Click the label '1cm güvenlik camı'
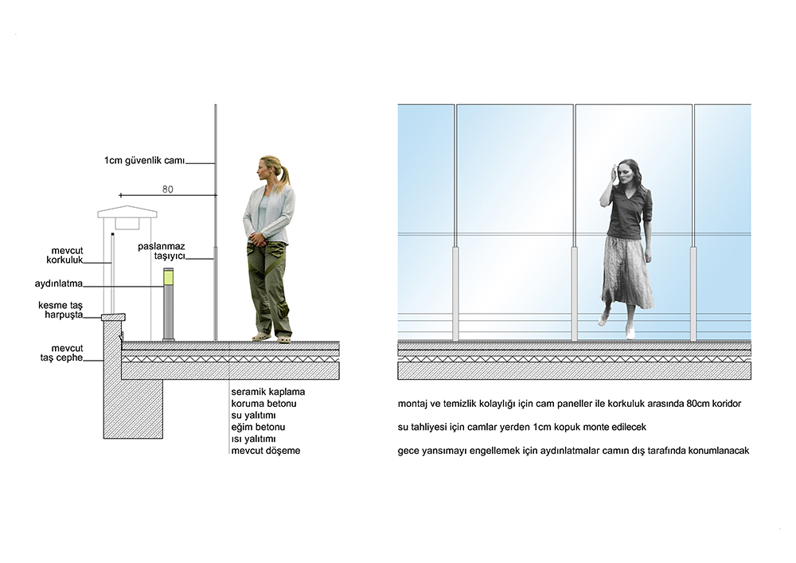[145, 161]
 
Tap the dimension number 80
[167, 190]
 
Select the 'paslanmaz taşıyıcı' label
[162, 252]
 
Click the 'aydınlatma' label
[58, 283]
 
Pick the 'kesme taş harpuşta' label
[60, 311]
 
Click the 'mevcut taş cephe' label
[62, 354]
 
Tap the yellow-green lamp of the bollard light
[169, 278]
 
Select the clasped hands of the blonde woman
[258, 237]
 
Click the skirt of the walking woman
[627, 272]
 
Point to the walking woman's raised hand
[612, 171]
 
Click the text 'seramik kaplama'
[268, 392]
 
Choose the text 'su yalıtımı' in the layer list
[253, 416]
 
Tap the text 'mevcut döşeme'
[266, 451]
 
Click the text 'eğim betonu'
[258, 428]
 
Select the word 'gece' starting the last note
[408, 452]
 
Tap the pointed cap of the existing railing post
[127, 211]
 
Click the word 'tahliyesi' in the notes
[429, 428]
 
